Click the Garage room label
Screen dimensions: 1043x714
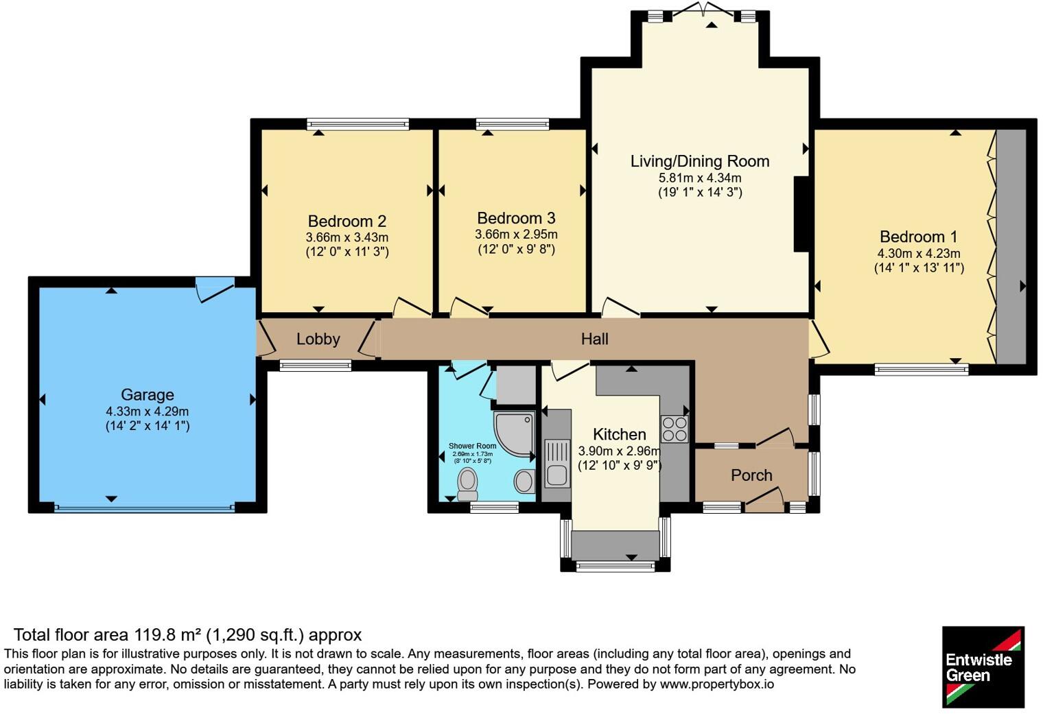pyautogui.click(x=147, y=394)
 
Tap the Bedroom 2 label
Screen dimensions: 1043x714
pyautogui.click(x=347, y=221)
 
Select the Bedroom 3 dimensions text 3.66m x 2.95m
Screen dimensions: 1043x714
pyautogui.click(x=516, y=234)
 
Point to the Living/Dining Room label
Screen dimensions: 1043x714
pyautogui.click(x=699, y=161)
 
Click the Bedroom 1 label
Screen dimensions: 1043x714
pyautogui.click(x=918, y=237)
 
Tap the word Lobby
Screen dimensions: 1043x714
pyautogui.click(x=318, y=339)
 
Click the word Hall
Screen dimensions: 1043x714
pyautogui.click(x=595, y=339)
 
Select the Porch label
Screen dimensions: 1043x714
pyautogui.click(x=751, y=475)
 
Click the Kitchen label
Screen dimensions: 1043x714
pyautogui.click(x=619, y=434)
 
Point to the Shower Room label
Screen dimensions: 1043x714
pyautogui.click(x=472, y=446)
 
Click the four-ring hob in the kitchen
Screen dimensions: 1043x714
pyautogui.click(x=675, y=429)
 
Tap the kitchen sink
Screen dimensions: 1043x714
pyautogui.click(x=557, y=463)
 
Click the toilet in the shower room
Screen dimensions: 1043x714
pyautogui.click(x=467, y=484)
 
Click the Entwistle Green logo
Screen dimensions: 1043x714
pyautogui.click(x=983, y=667)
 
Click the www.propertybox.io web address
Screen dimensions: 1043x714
pyautogui.click(x=717, y=685)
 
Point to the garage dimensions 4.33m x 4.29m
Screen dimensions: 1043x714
pyautogui.click(x=147, y=412)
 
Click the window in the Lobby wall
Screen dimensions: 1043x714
pyautogui.click(x=315, y=366)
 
